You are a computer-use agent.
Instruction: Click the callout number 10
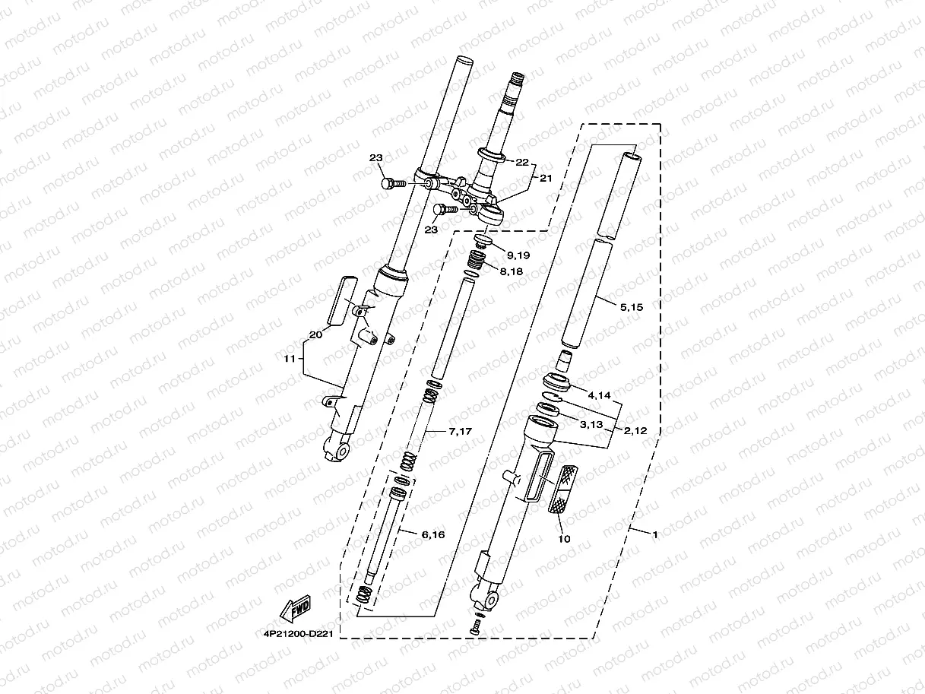click(x=564, y=539)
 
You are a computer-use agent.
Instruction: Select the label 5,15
click(x=632, y=308)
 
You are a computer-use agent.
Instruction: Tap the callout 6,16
click(x=433, y=535)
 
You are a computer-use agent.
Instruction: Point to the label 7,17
click(x=461, y=432)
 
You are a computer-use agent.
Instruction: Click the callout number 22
click(x=521, y=162)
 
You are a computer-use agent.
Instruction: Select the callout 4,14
click(x=600, y=395)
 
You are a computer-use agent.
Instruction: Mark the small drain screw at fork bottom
click(x=475, y=626)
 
